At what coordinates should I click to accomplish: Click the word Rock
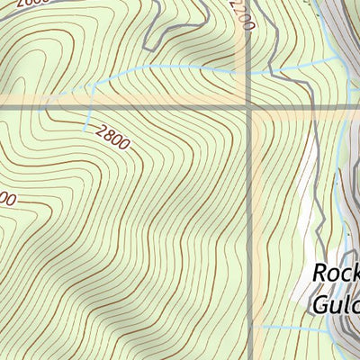[335, 274]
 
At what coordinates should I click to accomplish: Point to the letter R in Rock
[320, 274]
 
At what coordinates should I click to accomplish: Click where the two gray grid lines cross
[249, 108]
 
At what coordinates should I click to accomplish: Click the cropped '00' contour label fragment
[6, 200]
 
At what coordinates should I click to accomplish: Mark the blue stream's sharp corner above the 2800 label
[91, 85]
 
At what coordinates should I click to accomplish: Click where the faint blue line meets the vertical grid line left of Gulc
[249, 325]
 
